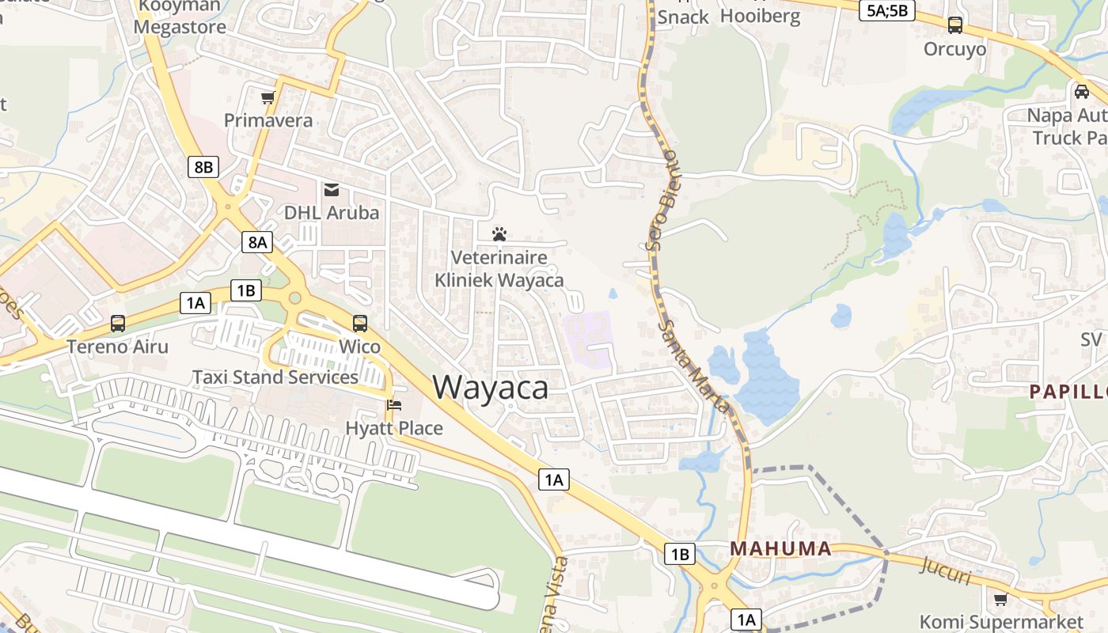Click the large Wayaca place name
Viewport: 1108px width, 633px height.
tap(491, 388)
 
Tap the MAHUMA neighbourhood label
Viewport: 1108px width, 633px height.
tap(780, 548)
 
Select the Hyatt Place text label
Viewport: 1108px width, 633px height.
tap(394, 428)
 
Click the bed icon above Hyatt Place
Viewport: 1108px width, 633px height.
tap(394, 405)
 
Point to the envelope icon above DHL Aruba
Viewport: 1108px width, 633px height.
tap(332, 190)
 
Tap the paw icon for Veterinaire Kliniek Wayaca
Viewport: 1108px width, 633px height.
tap(499, 234)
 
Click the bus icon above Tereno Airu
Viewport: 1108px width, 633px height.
tap(118, 324)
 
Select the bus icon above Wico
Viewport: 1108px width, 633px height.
tap(360, 324)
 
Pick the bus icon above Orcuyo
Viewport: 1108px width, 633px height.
tap(955, 25)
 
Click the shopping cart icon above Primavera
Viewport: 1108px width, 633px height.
tap(268, 98)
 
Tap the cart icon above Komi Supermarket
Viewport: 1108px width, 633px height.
tap(1000, 599)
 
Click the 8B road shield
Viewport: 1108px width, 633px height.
tap(203, 167)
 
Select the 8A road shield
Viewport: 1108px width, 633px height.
tap(257, 241)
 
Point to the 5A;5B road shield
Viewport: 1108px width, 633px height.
tap(886, 10)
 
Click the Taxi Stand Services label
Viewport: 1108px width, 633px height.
tap(275, 377)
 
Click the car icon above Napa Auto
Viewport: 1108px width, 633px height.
tap(1081, 92)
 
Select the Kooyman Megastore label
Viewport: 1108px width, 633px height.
tap(179, 17)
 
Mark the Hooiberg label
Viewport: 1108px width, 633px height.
tap(761, 17)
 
